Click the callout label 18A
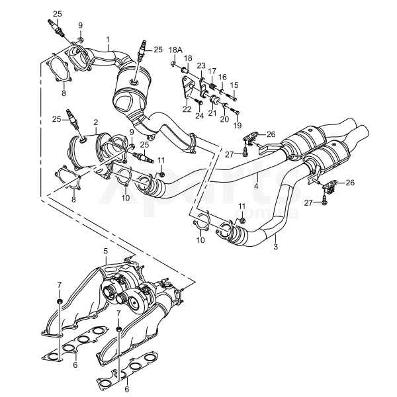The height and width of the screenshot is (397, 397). (x=176, y=50)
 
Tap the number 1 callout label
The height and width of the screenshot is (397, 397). (x=108, y=40)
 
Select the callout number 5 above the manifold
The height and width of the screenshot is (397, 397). (x=106, y=251)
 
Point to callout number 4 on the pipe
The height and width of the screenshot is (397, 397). (x=256, y=187)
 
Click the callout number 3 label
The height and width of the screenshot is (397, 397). (x=276, y=246)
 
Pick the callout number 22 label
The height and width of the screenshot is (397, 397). (x=187, y=109)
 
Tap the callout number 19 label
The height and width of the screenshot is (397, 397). (x=238, y=125)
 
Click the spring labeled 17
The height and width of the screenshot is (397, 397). (x=212, y=87)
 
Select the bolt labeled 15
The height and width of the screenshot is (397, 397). (x=232, y=97)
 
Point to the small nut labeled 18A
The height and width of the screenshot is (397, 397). (x=173, y=64)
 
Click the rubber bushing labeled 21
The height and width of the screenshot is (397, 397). (x=214, y=99)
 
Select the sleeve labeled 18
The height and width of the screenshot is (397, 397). (x=185, y=69)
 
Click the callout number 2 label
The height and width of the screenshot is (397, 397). (x=95, y=122)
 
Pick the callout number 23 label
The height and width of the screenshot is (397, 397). (x=201, y=66)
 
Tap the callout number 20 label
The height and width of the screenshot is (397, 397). (x=224, y=119)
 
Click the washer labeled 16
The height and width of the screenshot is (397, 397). (x=222, y=91)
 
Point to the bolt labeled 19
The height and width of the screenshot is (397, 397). (x=234, y=110)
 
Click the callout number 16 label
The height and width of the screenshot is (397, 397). (x=222, y=77)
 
